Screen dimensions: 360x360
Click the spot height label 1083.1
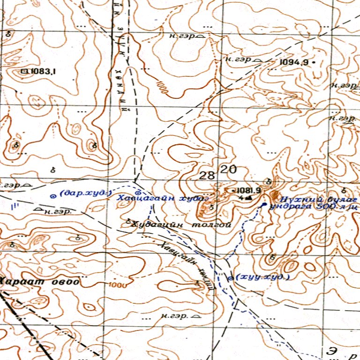pos(44,72)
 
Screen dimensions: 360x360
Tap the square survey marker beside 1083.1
pos(24,72)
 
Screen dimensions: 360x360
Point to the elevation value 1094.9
pos(293,62)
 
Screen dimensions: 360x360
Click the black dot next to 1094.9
pos(314,62)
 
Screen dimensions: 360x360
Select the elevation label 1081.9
pos(248,190)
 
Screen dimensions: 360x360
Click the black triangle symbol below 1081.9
pos(248,198)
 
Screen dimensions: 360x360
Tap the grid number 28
pos(207,176)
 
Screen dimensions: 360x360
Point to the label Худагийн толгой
pos(182,225)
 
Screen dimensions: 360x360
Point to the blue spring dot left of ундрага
pos(263,205)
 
